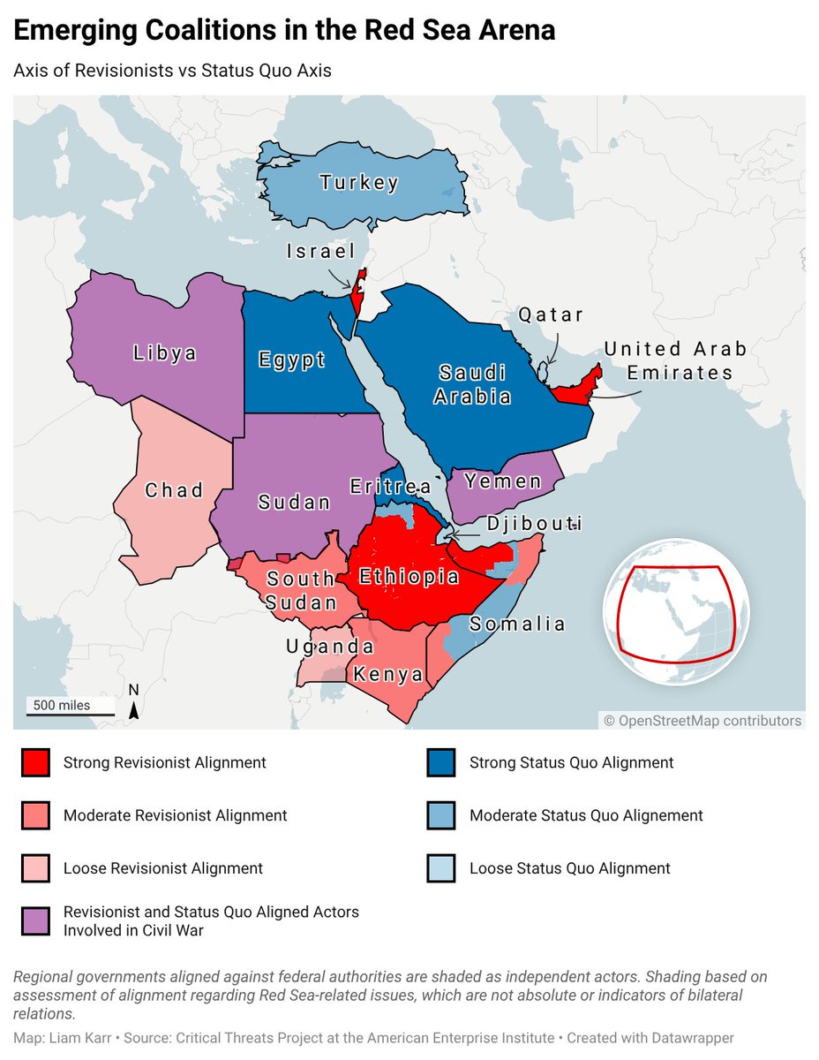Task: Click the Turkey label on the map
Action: pos(359,183)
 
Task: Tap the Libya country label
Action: pos(165,353)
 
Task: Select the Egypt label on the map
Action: pos(291,360)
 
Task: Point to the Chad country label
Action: pos(175,489)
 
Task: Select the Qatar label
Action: pos(551,315)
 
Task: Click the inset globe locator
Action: pos(676,610)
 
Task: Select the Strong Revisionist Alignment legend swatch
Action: pos(34,762)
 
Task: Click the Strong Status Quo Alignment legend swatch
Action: pos(440,762)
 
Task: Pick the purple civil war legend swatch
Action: pos(34,920)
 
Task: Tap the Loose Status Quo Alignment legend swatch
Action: pos(440,868)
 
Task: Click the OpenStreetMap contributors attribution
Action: pos(703,721)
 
